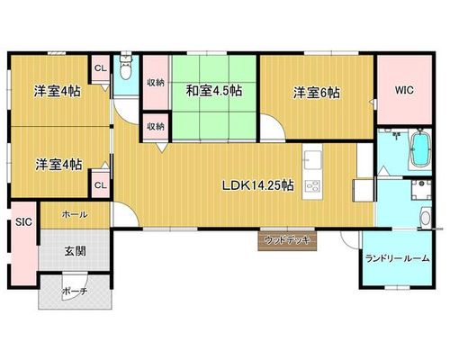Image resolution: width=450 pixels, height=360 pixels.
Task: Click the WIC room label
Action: [x=404, y=90]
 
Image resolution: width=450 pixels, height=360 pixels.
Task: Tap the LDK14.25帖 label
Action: [x=257, y=185]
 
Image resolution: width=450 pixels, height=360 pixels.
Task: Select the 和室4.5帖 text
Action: [x=214, y=90]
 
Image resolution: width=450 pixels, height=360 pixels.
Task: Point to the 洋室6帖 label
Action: [x=317, y=93]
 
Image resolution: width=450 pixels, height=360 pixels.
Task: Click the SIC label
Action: [x=23, y=222]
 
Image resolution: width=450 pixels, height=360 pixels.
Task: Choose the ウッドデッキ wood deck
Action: [x=287, y=240]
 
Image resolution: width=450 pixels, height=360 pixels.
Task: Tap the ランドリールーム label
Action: [x=398, y=258]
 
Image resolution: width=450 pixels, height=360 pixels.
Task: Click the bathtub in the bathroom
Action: [x=421, y=148]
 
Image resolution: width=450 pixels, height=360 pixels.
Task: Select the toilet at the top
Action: [x=125, y=67]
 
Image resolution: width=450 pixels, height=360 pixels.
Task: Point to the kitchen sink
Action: [x=312, y=159]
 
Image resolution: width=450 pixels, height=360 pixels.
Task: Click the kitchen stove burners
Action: [x=312, y=187]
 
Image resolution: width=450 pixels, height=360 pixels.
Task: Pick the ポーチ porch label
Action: [x=75, y=292]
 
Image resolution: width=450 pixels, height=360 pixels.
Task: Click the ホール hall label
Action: [x=75, y=214]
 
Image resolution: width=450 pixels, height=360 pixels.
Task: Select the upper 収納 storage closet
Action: [x=156, y=83]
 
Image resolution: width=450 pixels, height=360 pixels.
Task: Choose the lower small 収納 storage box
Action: [x=156, y=126]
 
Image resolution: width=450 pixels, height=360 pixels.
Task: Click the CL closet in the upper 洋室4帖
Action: [x=101, y=68]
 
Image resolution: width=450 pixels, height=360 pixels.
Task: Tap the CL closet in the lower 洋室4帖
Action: [x=101, y=184]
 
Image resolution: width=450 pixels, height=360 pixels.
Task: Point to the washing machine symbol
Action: [x=421, y=190]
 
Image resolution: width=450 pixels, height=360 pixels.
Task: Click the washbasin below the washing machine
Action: [x=426, y=217]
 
